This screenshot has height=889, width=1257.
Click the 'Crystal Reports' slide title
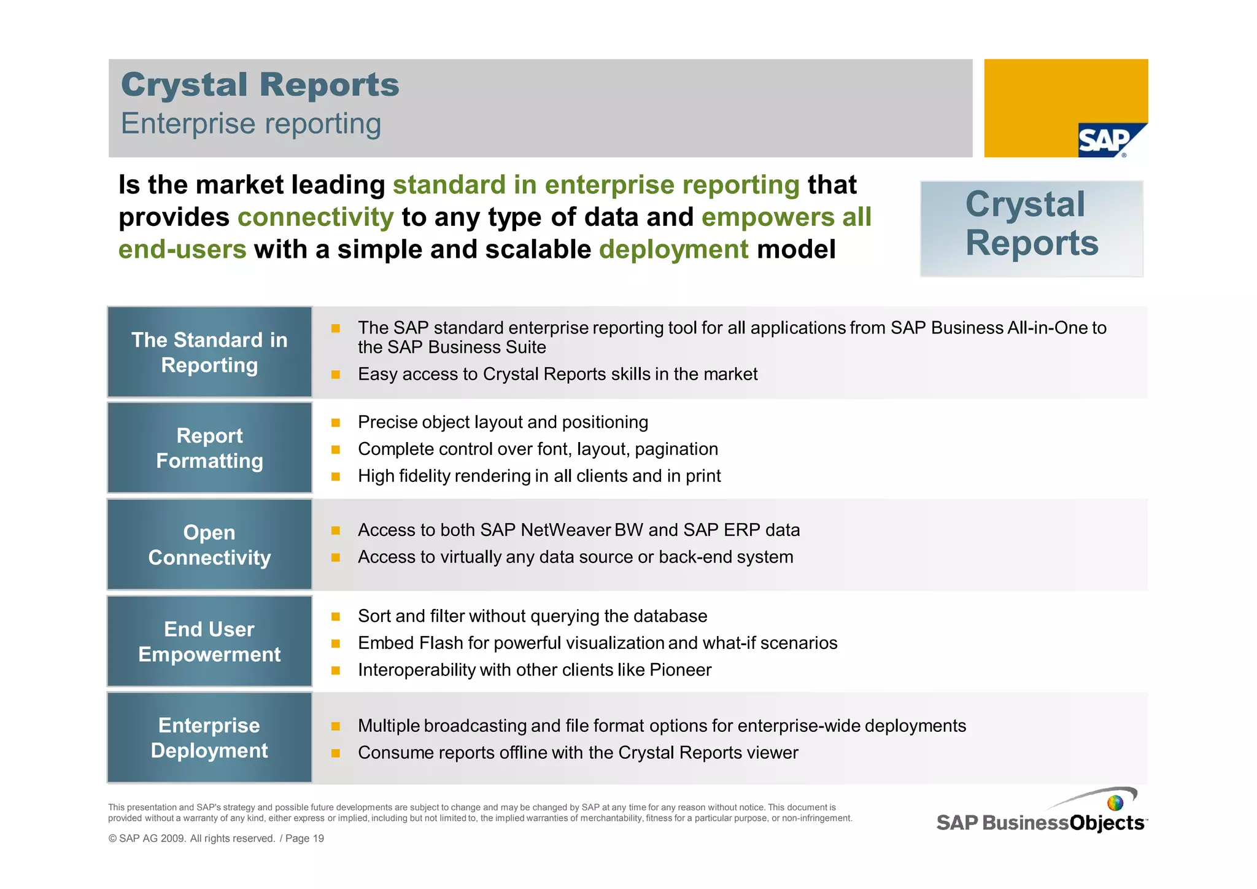[260, 85]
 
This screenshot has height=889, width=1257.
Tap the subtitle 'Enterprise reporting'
[251, 123]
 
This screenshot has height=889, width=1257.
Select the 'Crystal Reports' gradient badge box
[1031, 228]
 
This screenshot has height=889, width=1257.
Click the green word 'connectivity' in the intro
[315, 217]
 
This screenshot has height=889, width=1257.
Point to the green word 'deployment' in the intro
[673, 250]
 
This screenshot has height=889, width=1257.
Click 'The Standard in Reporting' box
[209, 352]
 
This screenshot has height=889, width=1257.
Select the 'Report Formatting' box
[209, 448]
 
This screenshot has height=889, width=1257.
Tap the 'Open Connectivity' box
[209, 545]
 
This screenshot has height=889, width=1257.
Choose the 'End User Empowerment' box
[209, 642]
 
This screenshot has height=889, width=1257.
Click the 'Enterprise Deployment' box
[209, 737]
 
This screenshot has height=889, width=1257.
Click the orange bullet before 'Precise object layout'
[336, 422]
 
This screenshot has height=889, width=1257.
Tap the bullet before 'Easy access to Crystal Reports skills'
[336, 375]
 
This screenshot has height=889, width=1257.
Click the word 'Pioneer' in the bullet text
[680, 670]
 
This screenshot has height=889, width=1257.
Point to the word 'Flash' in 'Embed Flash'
[440, 643]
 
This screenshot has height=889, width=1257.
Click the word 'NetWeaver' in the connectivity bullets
[565, 530]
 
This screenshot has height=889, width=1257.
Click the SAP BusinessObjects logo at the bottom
[1041, 822]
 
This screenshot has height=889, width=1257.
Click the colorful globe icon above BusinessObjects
[1115, 802]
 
